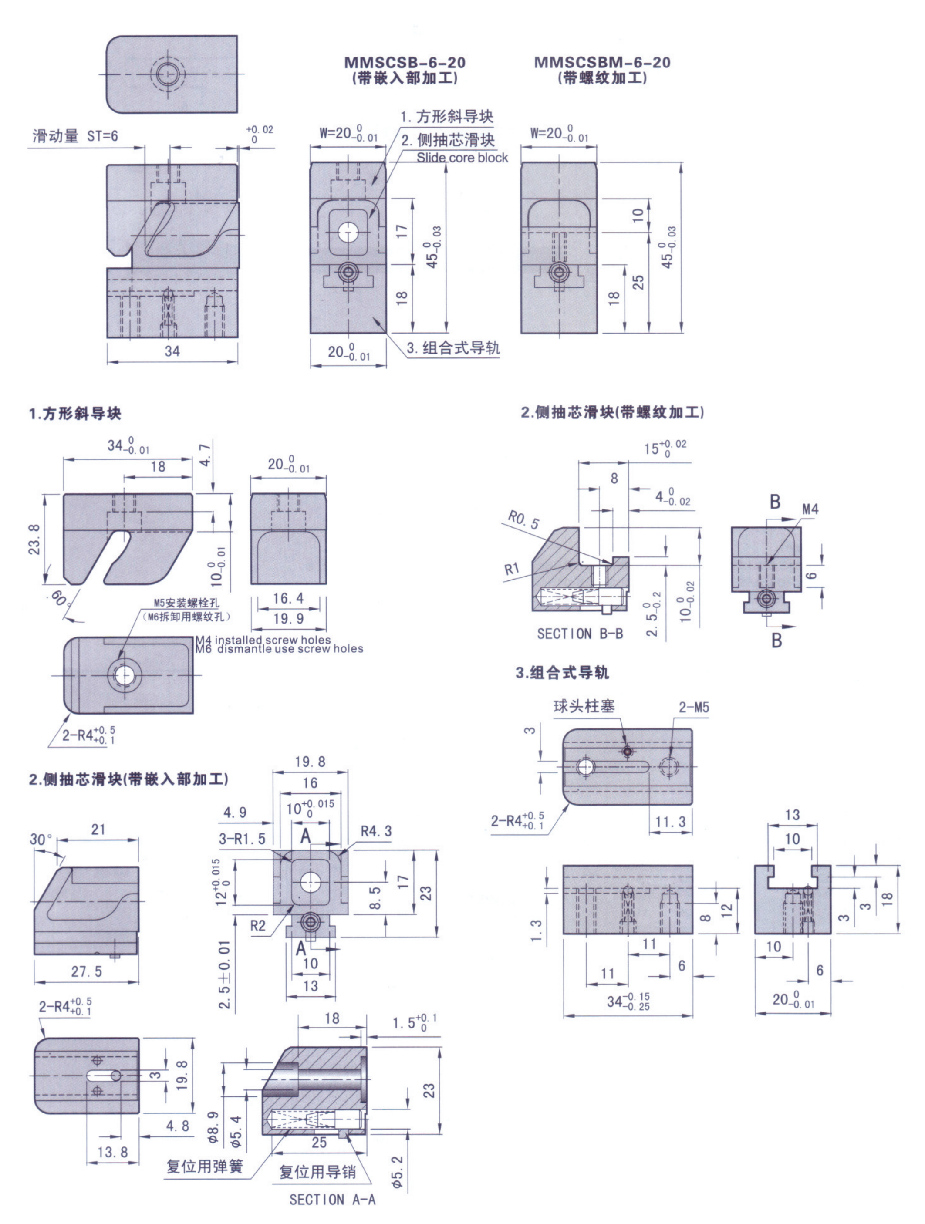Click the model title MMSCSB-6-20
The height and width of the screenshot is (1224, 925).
tap(405, 62)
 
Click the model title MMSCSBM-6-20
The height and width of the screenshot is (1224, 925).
tap(602, 62)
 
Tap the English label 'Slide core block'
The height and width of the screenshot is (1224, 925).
tap(462, 158)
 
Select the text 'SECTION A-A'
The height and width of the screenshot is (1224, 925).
tap(332, 1200)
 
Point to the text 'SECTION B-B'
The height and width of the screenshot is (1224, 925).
tap(580, 634)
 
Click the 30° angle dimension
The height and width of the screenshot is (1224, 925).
tap(41, 840)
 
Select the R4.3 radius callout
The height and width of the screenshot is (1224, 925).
tap(376, 831)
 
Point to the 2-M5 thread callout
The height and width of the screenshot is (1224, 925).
tap(694, 707)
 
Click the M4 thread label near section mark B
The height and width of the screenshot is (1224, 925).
tap(810, 509)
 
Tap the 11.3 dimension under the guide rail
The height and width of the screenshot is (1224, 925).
tap(670, 822)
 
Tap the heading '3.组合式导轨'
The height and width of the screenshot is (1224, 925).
tap(562, 673)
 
